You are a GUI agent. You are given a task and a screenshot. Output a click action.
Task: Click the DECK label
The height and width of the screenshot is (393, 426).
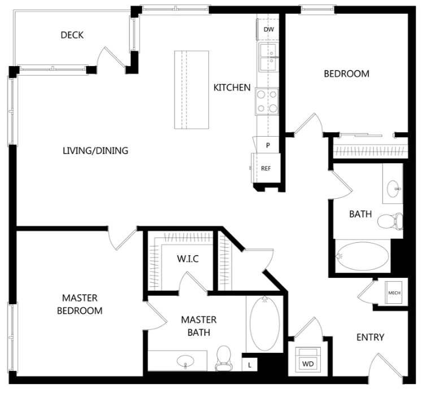72,35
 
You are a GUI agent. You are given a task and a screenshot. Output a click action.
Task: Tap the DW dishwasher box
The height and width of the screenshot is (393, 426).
268,29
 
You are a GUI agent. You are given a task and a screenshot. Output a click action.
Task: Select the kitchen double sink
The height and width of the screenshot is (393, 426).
268,57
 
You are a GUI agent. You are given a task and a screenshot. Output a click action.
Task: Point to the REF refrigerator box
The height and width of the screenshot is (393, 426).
266,168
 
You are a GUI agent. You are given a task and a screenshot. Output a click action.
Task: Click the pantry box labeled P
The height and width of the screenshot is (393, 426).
267,145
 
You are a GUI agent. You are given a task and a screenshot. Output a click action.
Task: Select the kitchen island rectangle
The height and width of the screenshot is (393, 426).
191,90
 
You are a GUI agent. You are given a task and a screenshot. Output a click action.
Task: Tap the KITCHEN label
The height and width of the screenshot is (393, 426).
232,88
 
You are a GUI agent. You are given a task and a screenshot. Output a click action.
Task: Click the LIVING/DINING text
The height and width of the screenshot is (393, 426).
95,151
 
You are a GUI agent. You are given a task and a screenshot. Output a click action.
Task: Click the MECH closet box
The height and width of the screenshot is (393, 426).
394,293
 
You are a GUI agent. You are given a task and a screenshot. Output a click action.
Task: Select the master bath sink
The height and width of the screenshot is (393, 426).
185,360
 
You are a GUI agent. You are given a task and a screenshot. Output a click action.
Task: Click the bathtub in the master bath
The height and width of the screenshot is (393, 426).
265,324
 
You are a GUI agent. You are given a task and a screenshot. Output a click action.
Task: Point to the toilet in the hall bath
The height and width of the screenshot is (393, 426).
391,221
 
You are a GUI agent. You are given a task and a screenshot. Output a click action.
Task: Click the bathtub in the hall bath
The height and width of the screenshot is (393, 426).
362,257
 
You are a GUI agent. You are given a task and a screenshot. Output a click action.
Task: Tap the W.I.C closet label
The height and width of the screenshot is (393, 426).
187,259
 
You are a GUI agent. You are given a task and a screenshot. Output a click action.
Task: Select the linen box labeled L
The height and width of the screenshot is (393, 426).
250,365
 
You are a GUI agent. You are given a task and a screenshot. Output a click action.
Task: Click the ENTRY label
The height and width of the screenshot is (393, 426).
370,337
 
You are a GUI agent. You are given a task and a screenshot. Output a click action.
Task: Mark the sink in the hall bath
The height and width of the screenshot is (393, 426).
394,185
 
